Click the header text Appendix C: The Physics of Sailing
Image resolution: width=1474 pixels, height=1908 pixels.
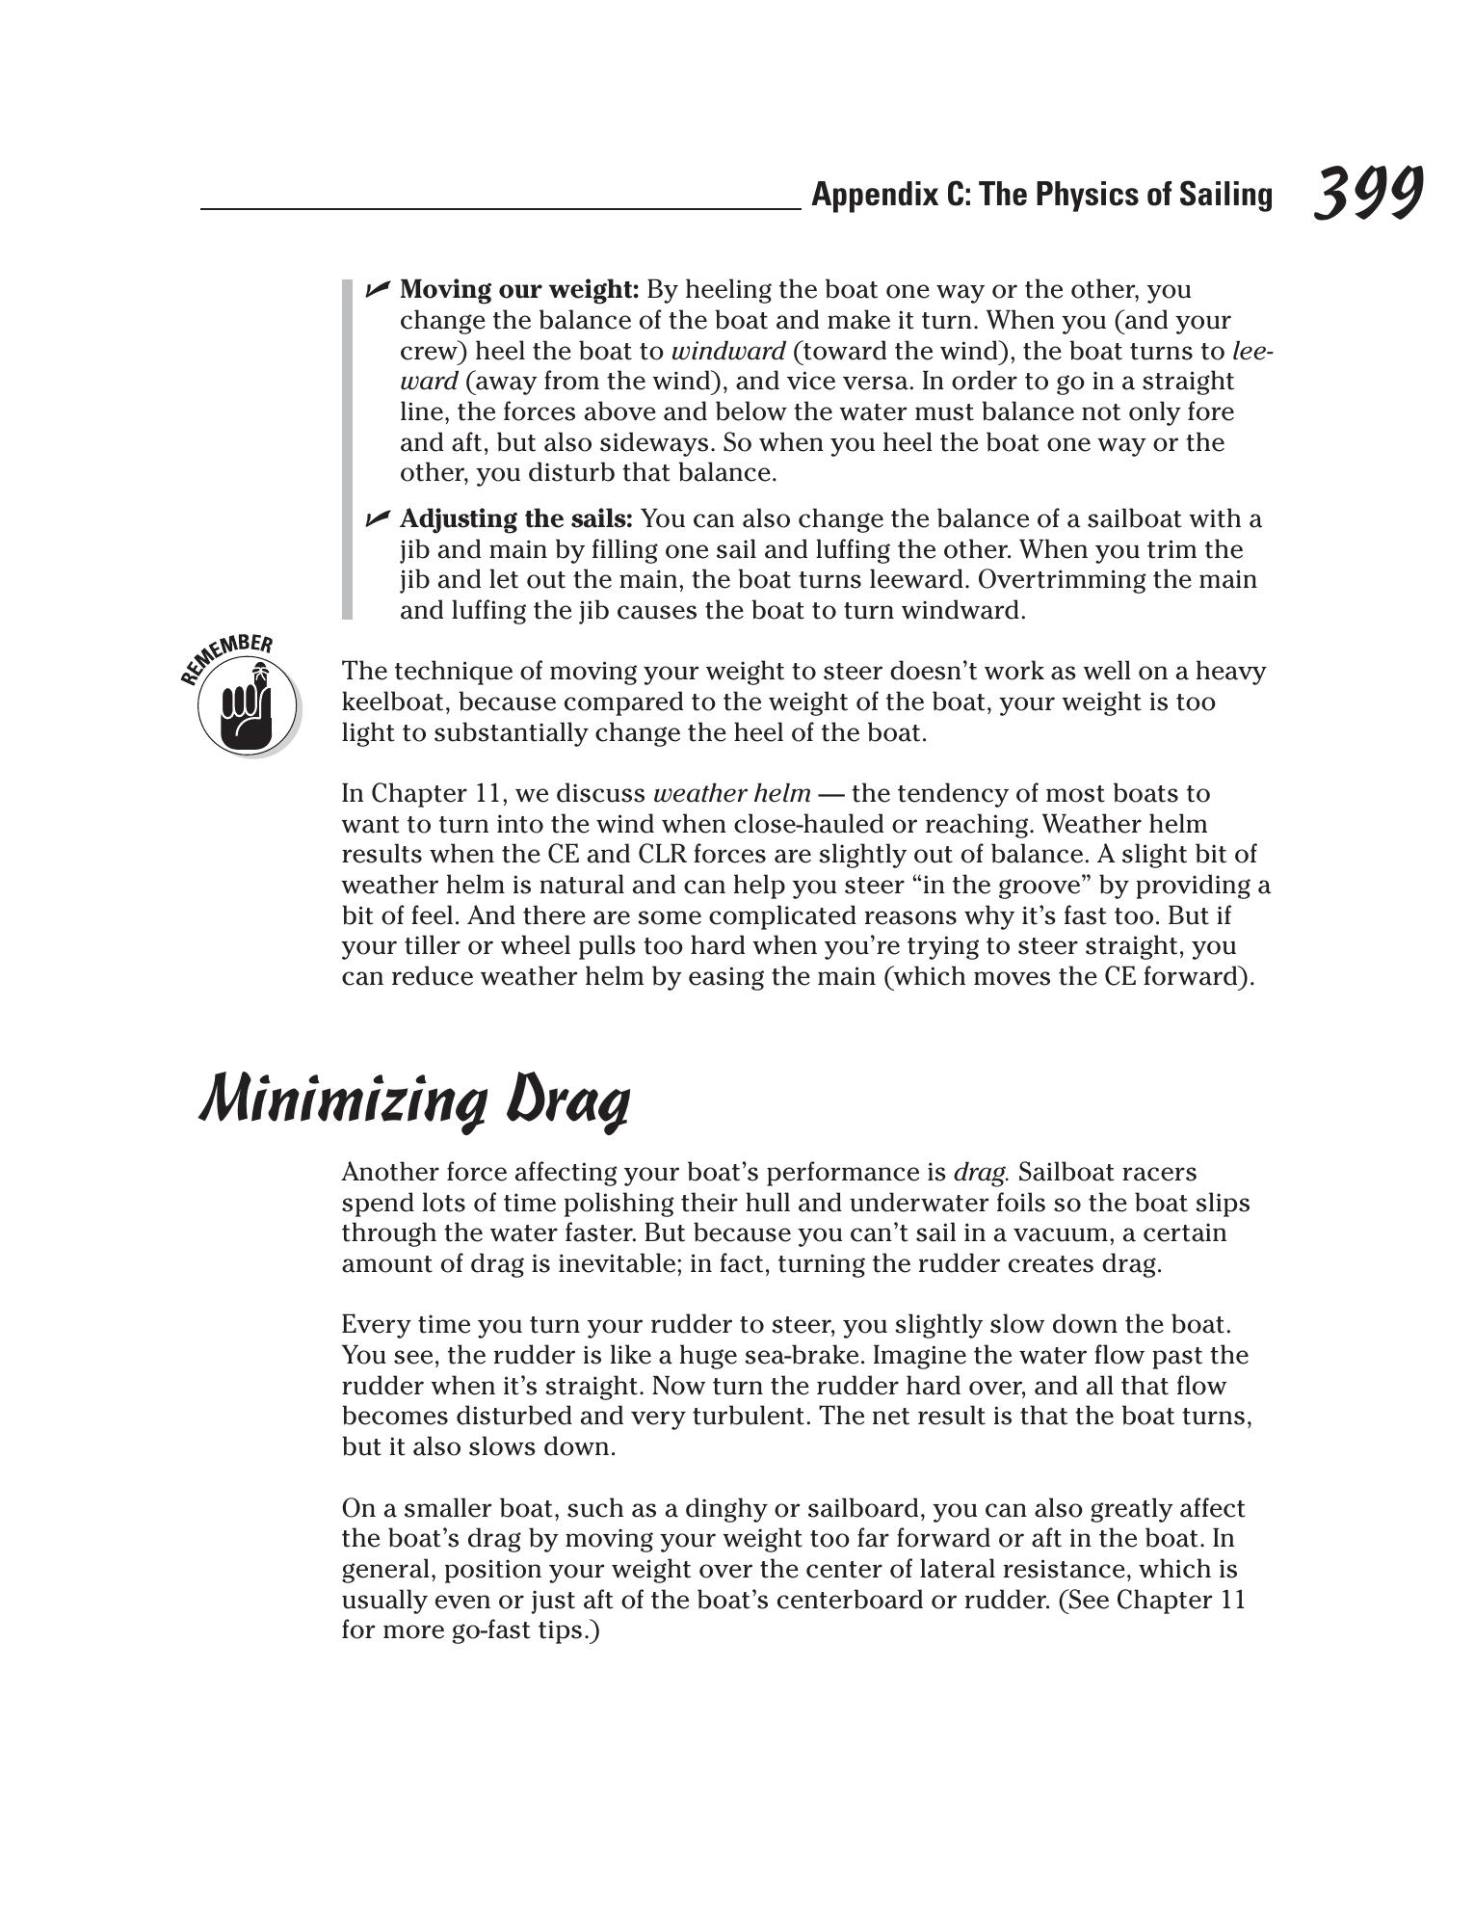point(1041,195)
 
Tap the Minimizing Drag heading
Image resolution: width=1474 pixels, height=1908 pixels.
point(415,1099)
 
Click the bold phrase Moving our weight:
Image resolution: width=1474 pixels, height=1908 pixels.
point(519,289)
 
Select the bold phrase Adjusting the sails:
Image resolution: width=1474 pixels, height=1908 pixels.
point(515,518)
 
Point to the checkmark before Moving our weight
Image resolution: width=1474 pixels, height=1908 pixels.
point(377,289)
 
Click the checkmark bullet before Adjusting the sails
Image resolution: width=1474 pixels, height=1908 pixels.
point(377,519)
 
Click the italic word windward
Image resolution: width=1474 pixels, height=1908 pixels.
point(727,351)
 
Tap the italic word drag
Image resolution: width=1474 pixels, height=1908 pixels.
point(980,1172)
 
